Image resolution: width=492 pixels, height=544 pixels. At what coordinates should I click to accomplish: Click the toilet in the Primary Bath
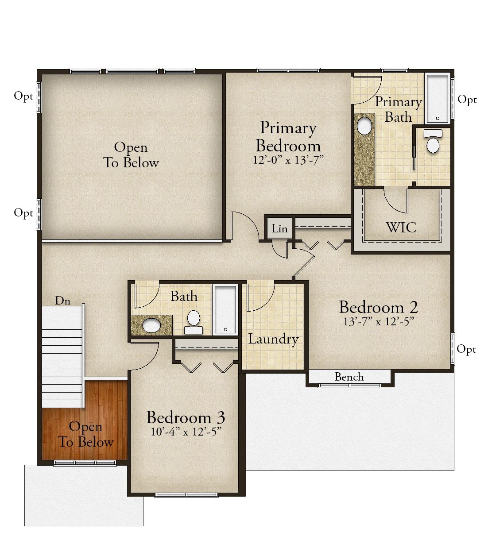(433, 142)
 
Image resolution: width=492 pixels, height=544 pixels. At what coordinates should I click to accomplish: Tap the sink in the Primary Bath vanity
(364, 126)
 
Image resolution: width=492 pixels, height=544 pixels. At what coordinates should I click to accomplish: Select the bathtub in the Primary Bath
(438, 99)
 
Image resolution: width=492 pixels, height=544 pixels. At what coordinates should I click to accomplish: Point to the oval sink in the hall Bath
(151, 325)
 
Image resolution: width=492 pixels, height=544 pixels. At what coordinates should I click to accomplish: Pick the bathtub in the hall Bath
(225, 309)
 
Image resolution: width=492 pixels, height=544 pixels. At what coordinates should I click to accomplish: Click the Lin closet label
(279, 229)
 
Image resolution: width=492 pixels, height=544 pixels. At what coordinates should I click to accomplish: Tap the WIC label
(401, 228)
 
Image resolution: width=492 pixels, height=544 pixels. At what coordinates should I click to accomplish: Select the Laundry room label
(273, 340)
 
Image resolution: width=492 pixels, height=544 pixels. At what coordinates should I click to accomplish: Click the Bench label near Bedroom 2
(349, 377)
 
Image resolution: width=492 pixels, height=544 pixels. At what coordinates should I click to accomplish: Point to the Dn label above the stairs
(63, 301)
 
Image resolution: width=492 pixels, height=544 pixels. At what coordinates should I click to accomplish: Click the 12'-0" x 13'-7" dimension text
(288, 160)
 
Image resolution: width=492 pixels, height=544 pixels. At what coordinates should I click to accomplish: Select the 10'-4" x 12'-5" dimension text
(186, 432)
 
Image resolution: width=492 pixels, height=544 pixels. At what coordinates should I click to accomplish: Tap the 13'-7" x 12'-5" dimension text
(379, 322)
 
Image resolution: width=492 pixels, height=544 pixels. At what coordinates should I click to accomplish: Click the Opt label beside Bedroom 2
(466, 350)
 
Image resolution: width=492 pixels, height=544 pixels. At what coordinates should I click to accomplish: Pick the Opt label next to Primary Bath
(467, 100)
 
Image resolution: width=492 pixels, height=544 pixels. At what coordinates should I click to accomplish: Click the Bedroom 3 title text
(186, 417)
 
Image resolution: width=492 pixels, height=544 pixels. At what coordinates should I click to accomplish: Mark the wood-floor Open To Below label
(86, 434)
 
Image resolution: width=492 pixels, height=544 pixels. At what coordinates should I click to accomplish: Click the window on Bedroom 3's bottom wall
(186, 495)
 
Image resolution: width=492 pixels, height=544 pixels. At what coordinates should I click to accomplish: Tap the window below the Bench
(350, 386)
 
